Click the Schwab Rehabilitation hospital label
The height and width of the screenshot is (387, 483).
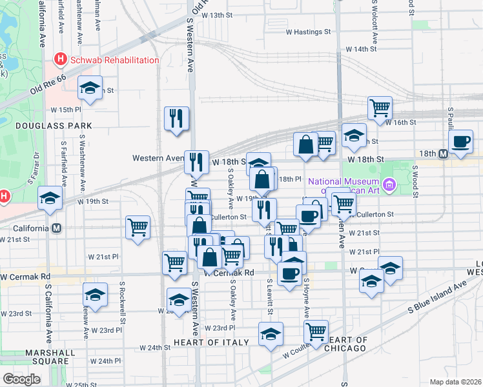point(114,60)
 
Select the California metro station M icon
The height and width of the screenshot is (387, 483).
point(57,228)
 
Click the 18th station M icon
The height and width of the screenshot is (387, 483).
point(443,154)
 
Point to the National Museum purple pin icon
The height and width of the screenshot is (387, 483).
point(388,186)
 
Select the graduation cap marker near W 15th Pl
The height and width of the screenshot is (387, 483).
point(90,88)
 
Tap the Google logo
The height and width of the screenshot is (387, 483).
point(21,379)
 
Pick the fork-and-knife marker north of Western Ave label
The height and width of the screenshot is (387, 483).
point(176,118)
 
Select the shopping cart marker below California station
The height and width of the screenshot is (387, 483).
point(138,228)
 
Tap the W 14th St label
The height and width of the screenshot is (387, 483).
point(361,49)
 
